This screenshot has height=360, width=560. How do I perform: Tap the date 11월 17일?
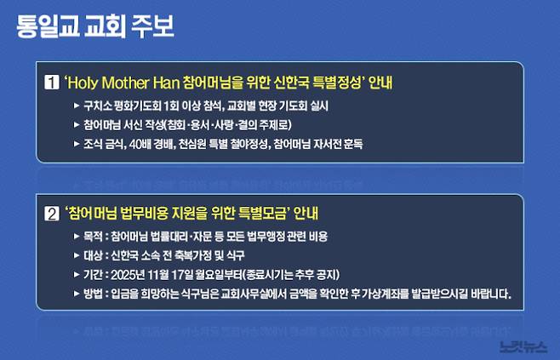174,274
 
